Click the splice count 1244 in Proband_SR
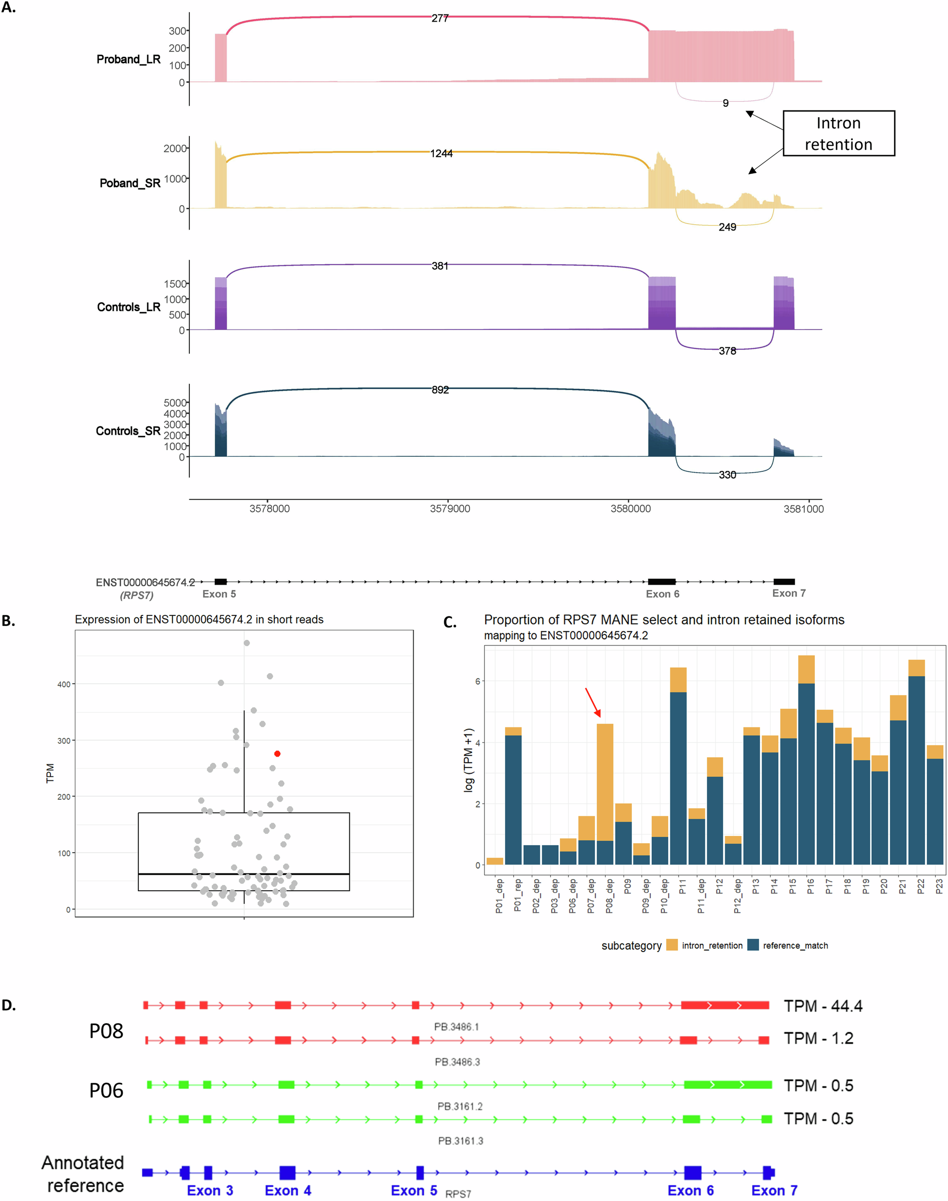coord(441,154)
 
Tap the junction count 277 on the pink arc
coord(440,18)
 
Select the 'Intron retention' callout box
coord(838,134)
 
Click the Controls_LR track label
coord(128,307)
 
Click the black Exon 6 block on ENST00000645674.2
coord(662,582)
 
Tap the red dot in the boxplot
coord(277,754)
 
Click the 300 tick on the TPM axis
coord(64,741)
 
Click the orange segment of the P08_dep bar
coord(604,783)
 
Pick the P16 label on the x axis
coord(811,886)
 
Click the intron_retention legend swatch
coord(672,945)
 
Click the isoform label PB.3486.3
coord(457,1062)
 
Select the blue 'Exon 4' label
coord(287,1190)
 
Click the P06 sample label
coord(106,1091)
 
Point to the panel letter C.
coord(450,622)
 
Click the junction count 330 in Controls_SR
coord(727,475)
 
